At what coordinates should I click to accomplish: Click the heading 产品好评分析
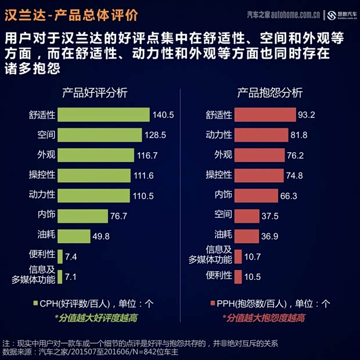[x=95, y=93]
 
